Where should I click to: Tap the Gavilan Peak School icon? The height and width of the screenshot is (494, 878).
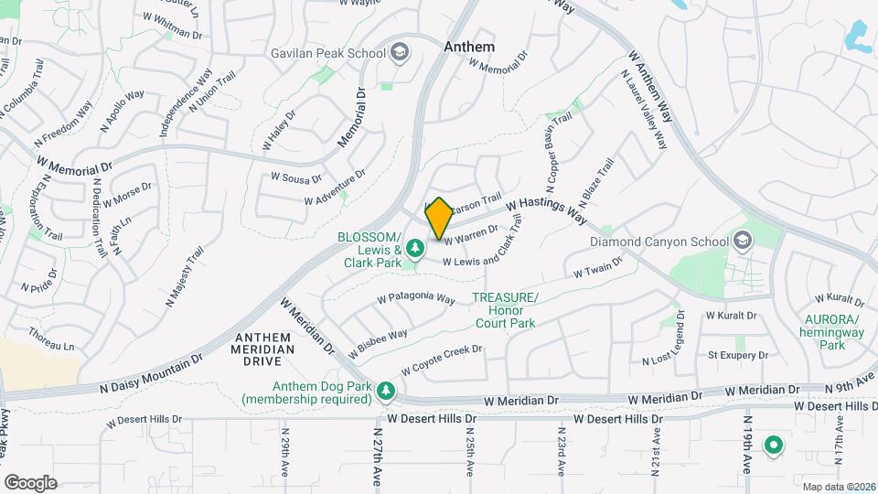pos(400,52)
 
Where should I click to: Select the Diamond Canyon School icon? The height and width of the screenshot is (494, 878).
pos(743,242)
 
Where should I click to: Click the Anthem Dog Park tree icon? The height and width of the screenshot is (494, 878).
pos(387,392)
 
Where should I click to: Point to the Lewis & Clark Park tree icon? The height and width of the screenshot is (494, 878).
pos(415,248)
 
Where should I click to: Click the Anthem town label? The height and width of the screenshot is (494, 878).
pos(469,47)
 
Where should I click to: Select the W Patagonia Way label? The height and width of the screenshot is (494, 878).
pos(416,299)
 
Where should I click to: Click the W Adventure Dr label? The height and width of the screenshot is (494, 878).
pos(335,187)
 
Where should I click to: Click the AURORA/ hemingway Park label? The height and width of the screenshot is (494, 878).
pos(832,332)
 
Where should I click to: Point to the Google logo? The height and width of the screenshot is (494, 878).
pos(29,483)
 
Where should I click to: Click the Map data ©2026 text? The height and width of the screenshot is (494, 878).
pos(838,487)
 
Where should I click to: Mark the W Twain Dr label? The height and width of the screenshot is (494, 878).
pos(597,267)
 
